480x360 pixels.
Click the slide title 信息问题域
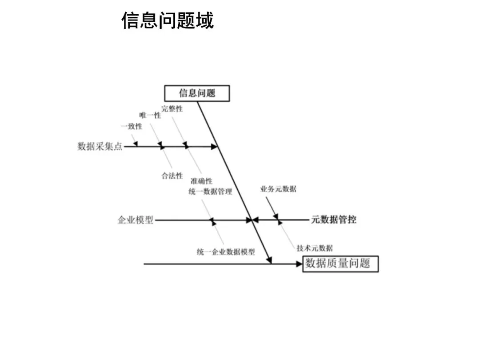pyautogui.click(x=168, y=20)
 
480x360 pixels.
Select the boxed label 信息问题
pyautogui.click(x=197, y=93)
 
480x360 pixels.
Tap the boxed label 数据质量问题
pyautogui.click(x=340, y=264)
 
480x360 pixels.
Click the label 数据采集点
pyautogui.click(x=100, y=146)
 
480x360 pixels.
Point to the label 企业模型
pyautogui.click(x=135, y=220)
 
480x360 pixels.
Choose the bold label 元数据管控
pyautogui.click(x=333, y=220)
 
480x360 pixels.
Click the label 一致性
pyautogui.click(x=132, y=126)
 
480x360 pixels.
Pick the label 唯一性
pyautogui.click(x=150, y=116)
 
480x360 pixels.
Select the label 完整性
pyautogui.click(x=172, y=109)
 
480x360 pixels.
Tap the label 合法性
pyautogui.click(x=172, y=176)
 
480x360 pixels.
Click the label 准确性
pyautogui.click(x=201, y=181)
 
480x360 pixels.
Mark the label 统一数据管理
pyautogui.click(x=210, y=192)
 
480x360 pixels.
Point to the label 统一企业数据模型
pyautogui.click(x=226, y=252)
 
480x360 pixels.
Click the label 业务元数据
pyautogui.click(x=278, y=189)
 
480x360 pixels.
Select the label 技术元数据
pyautogui.click(x=314, y=248)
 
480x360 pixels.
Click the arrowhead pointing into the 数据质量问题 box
pyautogui.click(x=299, y=264)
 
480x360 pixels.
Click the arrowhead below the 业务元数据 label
pyautogui.click(x=276, y=216)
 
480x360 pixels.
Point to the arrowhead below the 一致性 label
pyautogui.click(x=136, y=143)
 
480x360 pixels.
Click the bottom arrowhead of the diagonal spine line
pyautogui.click(x=269, y=260)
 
